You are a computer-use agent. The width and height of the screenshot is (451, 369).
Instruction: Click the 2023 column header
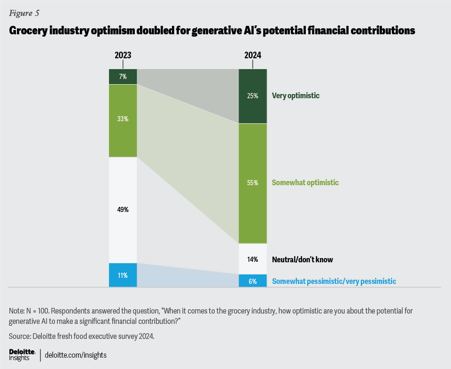[x=123, y=55]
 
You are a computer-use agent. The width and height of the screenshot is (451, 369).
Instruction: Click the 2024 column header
[x=252, y=55]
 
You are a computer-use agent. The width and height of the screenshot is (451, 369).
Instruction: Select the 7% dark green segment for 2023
[x=123, y=76]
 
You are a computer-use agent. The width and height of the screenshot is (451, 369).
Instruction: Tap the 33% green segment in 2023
[x=123, y=120]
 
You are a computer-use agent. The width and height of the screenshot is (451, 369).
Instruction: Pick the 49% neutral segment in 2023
[x=123, y=210]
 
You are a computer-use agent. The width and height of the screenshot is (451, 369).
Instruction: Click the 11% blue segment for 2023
[x=123, y=275]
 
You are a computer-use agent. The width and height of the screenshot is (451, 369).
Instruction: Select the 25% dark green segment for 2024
[x=252, y=96]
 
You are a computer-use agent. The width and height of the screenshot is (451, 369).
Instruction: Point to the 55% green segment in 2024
[x=252, y=183]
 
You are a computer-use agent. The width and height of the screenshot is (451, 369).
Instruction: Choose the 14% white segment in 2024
[x=252, y=259]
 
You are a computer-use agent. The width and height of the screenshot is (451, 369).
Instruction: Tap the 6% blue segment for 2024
[x=252, y=281]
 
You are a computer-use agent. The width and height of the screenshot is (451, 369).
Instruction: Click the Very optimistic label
[x=295, y=96]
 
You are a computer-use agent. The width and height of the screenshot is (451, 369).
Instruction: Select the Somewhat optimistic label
[x=305, y=183]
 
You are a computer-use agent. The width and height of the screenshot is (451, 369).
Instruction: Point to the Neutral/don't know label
[x=303, y=259]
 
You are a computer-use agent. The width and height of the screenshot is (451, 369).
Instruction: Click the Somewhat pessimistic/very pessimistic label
[x=334, y=281]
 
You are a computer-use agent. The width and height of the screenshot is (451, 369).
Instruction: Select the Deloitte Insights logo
[x=23, y=355]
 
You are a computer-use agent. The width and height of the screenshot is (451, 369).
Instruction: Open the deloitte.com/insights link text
[x=76, y=355]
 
